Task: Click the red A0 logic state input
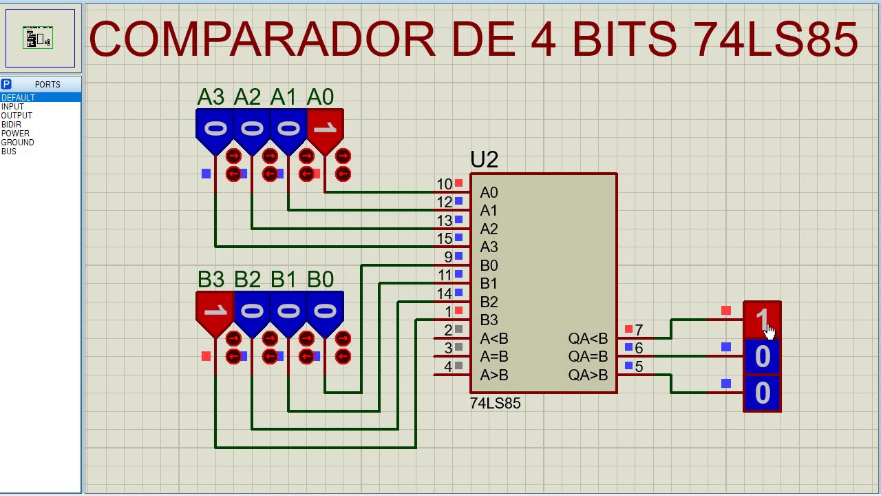pyautogui.click(x=325, y=128)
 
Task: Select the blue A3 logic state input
pyautogui.click(x=215, y=128)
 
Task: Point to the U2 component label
pyautogui.click(x=484, y=160)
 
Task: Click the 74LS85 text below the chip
pyautogui.click(x=495, y=404)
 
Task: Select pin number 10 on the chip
pyautogui.click(x=444, y=185)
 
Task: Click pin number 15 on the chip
pyautogui.click(x=444, y=239)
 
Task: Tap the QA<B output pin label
pyautogui.click(x=588, y=339)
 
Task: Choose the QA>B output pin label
pyautogui.click(x=588, y=375)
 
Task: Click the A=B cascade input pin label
pyautogui.click(x=494, y=357)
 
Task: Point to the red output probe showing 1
pyautogui.click(x=762, y=320)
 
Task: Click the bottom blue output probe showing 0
pyautogui.click(x=762, y=393)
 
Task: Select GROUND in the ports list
pyautogui.click(x=18, y=143)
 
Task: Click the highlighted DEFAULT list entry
pyautogui.click(x=18, y=98)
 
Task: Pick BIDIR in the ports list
pyautogui.click(x=11, y=125)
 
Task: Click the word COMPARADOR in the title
pyautogui.click(x=262, y=39)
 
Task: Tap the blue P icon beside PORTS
pyautogui.click(x=6, y=84)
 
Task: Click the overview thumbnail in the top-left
pyautogui.click(x=39, y=38)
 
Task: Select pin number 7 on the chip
pyautogui.click(x=639, y=331)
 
